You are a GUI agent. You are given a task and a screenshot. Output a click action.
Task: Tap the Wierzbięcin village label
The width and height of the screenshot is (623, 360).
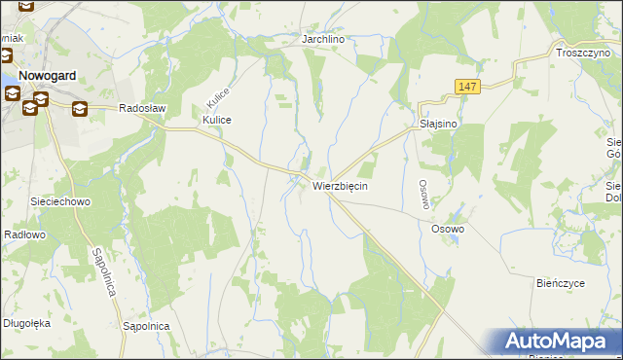coord(340,185)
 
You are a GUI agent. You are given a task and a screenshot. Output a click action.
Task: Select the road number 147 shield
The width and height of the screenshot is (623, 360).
coord(467,88)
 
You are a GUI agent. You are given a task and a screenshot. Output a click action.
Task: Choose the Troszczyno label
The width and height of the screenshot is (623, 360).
coord(582,53)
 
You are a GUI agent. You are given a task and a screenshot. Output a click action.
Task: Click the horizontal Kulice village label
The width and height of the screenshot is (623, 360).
coord(216,120)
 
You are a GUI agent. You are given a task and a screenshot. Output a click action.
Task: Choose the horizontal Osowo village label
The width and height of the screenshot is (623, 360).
coord(448,229)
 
